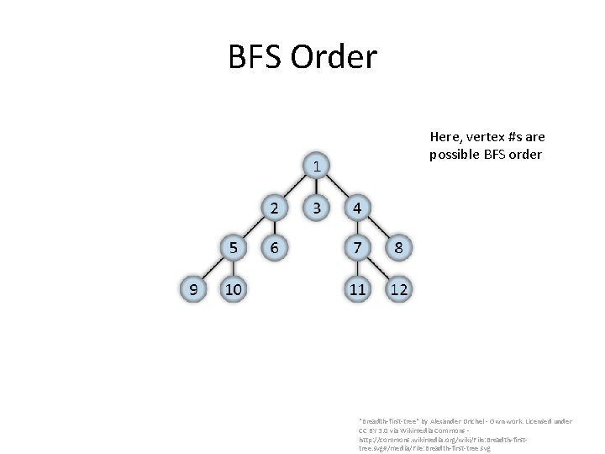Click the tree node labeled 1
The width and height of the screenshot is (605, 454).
pos(316,166)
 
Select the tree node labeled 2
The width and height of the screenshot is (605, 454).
pos(274,207)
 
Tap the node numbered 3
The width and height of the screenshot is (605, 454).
pos(316,207)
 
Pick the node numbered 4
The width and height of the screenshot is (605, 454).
pos(357,207)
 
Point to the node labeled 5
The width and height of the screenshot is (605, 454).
pos(233,248)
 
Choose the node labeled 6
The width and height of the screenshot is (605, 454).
pos(274,248)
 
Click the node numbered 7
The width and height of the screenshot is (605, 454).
pos(357,248)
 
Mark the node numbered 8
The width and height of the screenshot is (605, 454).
pos(398,248)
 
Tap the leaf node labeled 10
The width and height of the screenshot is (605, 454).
pos(233,289)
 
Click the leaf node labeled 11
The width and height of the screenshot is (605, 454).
pos(357,289)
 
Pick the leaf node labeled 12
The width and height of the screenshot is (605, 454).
pos(398,289)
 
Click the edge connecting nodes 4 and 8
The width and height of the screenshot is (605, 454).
pos(378,228)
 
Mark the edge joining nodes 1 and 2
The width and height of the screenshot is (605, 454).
pos(295,187)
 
